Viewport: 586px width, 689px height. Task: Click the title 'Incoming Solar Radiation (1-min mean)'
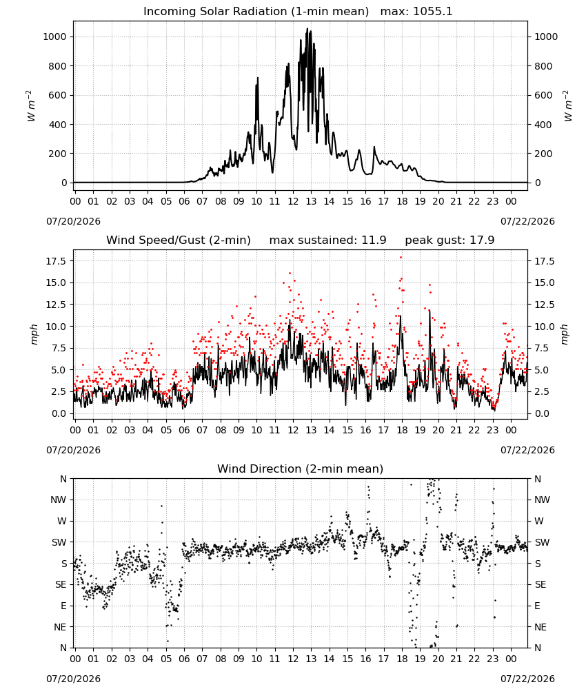256,12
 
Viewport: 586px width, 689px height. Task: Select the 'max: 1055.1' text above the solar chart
416,12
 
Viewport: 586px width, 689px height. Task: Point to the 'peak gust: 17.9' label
449,240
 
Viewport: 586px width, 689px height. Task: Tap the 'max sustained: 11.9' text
327,240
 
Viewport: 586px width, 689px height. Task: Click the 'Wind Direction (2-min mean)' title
301,469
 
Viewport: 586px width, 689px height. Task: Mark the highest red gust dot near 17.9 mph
401,258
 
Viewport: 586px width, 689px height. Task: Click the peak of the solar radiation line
307,28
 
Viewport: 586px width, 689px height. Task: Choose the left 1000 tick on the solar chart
54,37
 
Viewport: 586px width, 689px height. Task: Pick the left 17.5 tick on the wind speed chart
56,261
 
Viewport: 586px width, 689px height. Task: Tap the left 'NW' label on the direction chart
58,500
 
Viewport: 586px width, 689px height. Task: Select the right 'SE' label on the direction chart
540,585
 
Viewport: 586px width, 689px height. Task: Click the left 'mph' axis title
34,334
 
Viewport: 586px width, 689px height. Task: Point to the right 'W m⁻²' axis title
567,106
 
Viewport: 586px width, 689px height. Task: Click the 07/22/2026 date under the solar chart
527,221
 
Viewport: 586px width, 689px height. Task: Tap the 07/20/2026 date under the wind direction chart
73,679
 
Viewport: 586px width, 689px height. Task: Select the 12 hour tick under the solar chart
293,202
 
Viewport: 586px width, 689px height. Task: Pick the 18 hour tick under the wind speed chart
402,430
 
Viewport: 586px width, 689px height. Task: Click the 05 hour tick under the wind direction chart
165,659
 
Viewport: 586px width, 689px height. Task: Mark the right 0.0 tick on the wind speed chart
542,413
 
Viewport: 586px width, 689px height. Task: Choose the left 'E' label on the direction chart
63,606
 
